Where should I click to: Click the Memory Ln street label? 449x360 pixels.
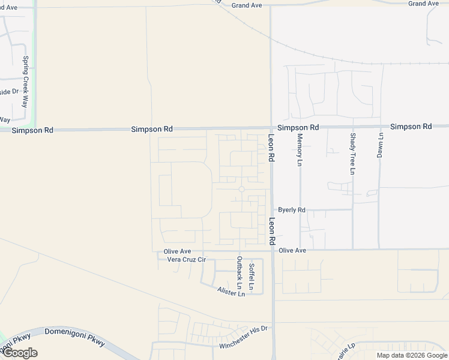[x=300, y=149]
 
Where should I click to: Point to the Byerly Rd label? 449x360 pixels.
[x=292, y=210]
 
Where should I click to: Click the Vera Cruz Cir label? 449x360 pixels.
[x=186, y=260]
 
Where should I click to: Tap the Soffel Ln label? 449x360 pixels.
[x=252, y=277]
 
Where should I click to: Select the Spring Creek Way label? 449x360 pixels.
[x=26, y=73]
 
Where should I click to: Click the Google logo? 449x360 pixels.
[x=19, y=353]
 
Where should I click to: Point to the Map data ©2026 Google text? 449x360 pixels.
[x=412, y=355]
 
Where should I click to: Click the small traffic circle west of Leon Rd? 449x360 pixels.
[x=241, y=190]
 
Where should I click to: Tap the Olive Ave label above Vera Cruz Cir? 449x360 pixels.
[x=177, y=251]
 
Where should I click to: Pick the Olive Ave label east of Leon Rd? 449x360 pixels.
[x=292, y=250]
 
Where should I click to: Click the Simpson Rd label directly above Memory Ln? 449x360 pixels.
[x=298, y=128]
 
